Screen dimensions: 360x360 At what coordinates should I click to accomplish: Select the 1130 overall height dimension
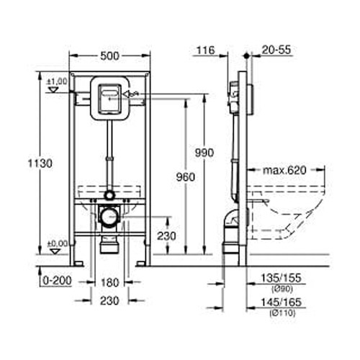45,164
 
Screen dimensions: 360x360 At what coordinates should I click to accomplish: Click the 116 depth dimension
205,52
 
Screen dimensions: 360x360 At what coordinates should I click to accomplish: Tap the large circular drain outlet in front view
109,215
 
